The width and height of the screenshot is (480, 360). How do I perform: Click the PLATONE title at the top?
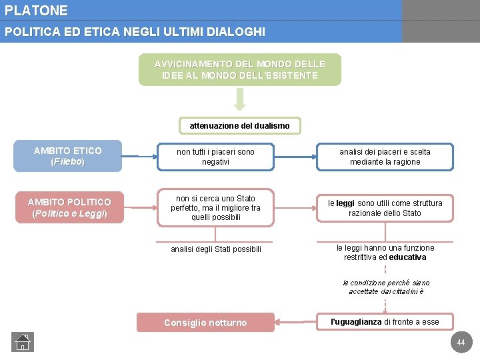(x=36, y=11)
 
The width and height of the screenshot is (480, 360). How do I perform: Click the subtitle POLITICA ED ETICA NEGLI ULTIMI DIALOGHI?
(x=135, y=31)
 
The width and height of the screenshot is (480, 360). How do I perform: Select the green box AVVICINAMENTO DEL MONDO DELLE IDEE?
(x=240, y=69)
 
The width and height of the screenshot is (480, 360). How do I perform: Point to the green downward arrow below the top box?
(x=240, y=99)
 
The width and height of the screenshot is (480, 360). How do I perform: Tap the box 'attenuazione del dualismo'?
(x=239, y=125)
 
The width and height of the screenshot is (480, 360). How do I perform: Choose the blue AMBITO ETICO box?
(x=67, y=156)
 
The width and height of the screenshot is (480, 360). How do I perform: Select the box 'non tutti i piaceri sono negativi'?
(x=215, y=157)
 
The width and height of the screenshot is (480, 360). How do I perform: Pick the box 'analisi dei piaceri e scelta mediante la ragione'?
(x=385, y=157)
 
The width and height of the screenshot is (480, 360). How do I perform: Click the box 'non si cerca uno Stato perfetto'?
(x=215, y=207)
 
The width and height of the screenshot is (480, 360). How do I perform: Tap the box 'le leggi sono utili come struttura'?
(x=385, y=208)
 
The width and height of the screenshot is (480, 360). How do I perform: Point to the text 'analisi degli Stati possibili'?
(x=216, y=249)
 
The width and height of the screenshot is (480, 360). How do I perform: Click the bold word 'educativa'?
(x=407, y=257)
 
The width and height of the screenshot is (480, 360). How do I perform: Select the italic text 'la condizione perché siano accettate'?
(x=386, y=287)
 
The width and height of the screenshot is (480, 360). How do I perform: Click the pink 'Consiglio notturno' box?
(x=205, y=323)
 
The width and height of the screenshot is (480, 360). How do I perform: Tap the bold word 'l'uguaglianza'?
(x=357, y=322)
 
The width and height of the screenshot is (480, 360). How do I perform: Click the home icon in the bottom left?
(x=22, y=342)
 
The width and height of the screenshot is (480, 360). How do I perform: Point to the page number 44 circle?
(x=460, y=343)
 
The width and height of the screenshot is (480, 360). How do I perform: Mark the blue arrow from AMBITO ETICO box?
(x=139, y=157)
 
